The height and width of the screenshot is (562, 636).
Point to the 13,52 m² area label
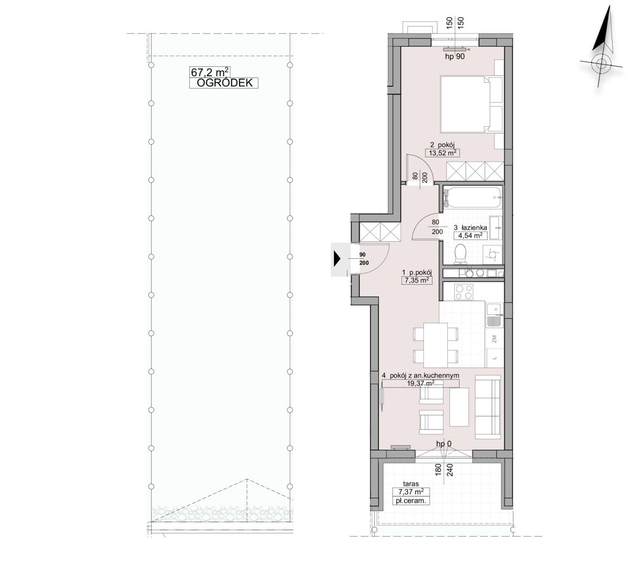coord(443,153)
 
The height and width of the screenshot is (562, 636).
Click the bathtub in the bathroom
coord(472,197)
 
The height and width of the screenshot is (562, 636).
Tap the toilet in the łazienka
coord(461,253)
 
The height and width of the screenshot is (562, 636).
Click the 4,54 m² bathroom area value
coord(470,235)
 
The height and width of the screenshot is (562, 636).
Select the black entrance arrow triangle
coord(337,259)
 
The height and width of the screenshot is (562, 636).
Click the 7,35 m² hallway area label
coord(417,280)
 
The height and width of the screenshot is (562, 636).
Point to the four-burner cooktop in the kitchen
coord(464,292)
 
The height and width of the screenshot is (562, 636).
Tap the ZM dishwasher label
coord(494,339)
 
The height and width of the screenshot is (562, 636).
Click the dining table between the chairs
coord(436,345)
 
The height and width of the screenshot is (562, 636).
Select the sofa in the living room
coord(488,407)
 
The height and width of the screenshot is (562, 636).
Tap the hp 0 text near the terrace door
coord(444,444)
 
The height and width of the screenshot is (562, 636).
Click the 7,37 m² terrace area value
coord(411,491)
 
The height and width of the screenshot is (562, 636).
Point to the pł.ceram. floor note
coord(411,500)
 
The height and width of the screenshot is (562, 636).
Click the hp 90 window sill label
coord(455,57)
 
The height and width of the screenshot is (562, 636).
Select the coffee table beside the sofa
coord(460,407)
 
